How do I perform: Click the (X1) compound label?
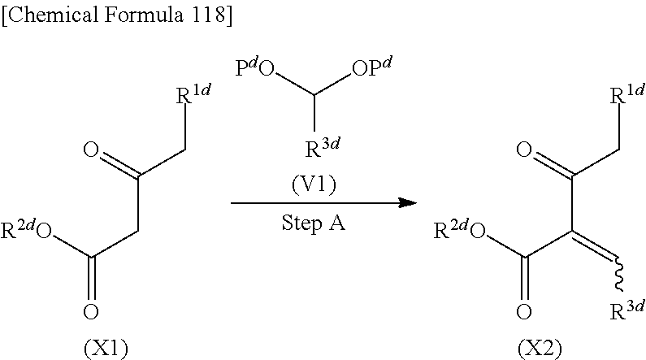point(107,349)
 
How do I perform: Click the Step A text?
point(314,222)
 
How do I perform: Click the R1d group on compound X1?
point(195,95)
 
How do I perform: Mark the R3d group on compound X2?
point(626,310)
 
